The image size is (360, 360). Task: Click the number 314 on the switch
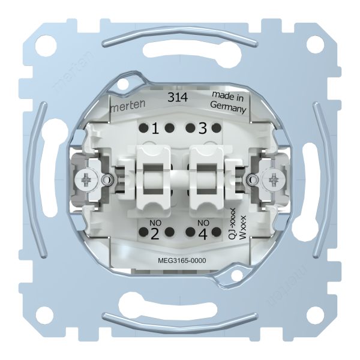pyautogui.click(x=178, y=97)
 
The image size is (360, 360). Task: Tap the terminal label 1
pyautogui.click(x=155, y=129)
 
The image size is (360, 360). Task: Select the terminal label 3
pyautogui.click(x=202, y=128)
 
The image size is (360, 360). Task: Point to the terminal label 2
pyautogui.click(x=155, y=234)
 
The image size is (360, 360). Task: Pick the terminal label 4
pyautogui.click(x=203, y=234)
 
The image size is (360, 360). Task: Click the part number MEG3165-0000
pyautogui.click(x=182, y=260)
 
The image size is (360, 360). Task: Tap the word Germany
pyautogui.click(x=228, y=107)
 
